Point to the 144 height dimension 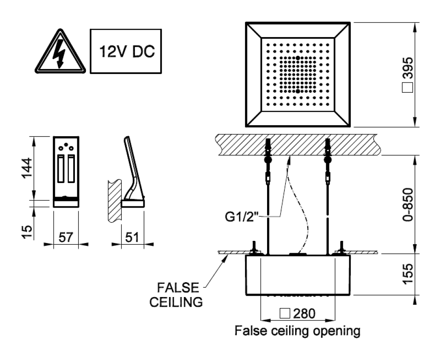[28, 169]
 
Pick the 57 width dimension [66, 238]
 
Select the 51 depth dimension [132, 238]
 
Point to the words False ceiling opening [298, 330]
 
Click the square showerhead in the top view [298, 74]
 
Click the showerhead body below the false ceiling [298, 274]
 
